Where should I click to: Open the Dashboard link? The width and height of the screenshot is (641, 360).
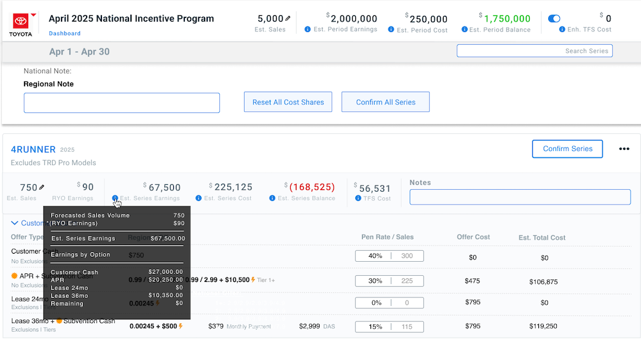[65, 33]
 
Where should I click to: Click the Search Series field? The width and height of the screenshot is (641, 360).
[534, 51]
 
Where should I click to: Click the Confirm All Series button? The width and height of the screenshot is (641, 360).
[385, 102]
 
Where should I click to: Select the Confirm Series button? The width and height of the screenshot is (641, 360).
[567, 149]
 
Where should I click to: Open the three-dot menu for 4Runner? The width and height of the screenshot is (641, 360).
[624, 149]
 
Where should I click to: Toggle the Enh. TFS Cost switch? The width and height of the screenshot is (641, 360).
[554, 19]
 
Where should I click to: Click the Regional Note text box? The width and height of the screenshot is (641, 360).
[122, 103]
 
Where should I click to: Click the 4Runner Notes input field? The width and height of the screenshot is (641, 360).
[520, 197]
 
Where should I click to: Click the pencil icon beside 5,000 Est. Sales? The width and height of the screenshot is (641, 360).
[288, 18]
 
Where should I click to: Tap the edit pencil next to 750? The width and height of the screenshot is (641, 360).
[42, 187]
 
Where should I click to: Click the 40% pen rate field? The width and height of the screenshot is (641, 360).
[375, 256]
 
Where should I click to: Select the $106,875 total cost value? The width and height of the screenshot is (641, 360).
[544, 281]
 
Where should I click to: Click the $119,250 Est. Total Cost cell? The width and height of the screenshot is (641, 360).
[544, 326]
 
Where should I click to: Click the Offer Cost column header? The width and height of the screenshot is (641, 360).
[473, 237]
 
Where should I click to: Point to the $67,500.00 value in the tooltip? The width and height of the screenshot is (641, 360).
[168, 238]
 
